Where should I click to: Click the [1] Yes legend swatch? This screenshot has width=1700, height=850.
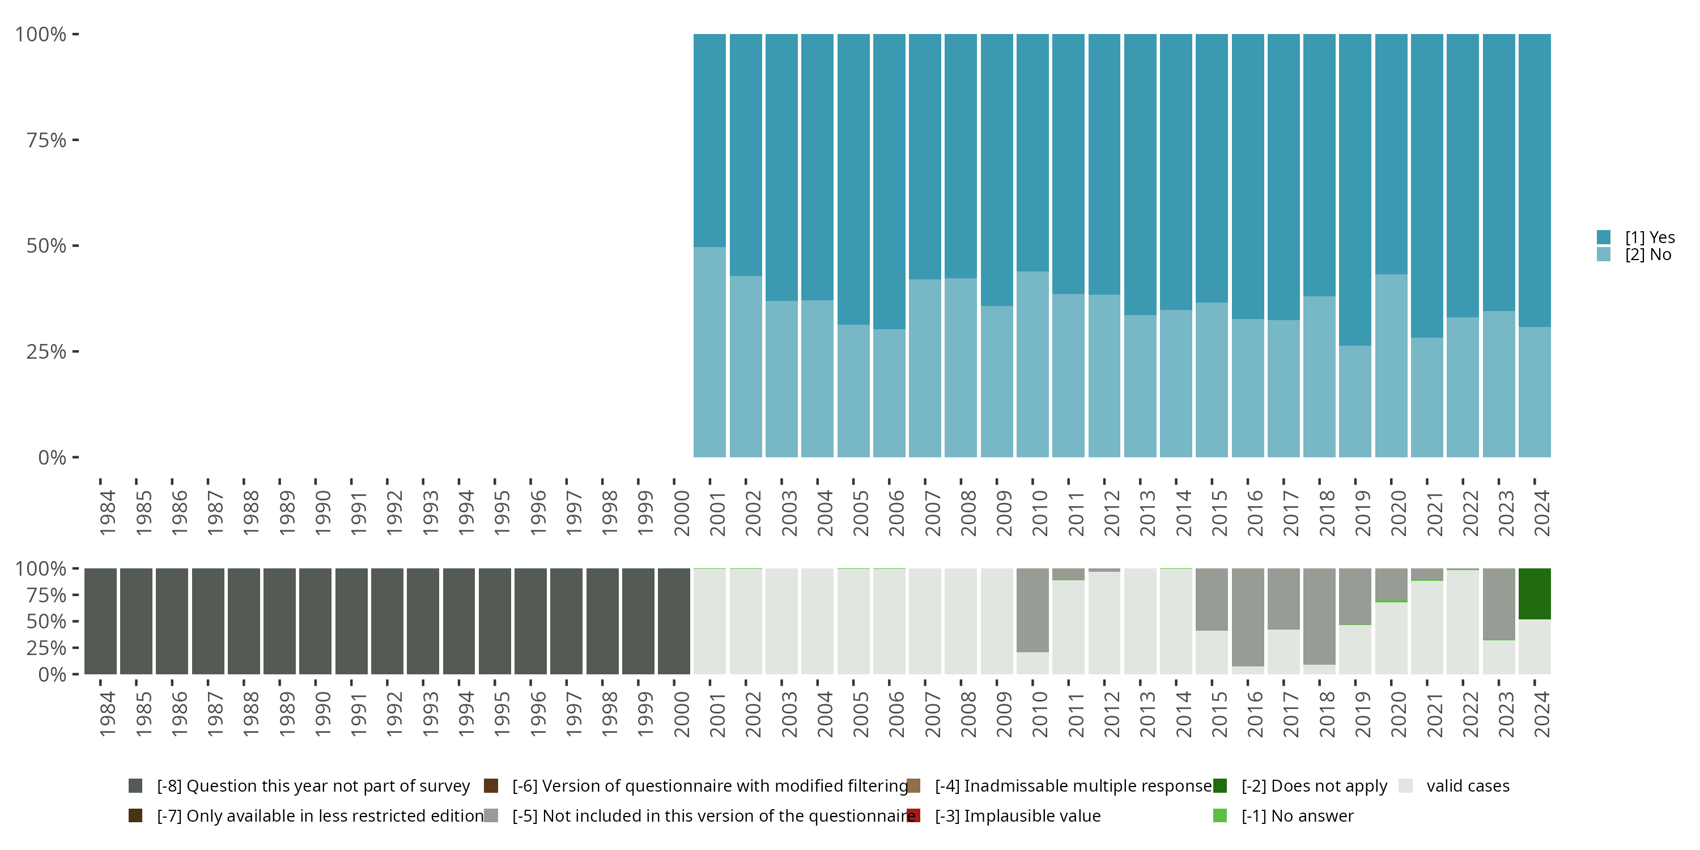tap(1604, 237)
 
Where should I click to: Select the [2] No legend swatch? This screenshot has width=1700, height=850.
tap(1604, 255)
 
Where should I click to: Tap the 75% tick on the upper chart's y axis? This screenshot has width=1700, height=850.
tap(47, 140)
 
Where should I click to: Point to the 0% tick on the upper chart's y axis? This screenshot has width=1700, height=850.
tap(52, 457)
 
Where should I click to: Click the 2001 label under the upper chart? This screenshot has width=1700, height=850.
tap(717, 513)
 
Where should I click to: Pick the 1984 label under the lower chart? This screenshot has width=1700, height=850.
tap(108, 714)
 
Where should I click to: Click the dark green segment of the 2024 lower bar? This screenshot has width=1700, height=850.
tap(1535, 593)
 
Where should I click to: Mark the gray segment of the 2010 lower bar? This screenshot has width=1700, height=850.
tap(1032, 610)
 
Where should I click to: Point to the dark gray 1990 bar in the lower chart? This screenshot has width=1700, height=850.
tap(316, 621)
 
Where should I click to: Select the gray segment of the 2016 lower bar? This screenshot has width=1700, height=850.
tap(1247, 617)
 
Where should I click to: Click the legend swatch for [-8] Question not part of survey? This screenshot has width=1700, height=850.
tap(135, 785)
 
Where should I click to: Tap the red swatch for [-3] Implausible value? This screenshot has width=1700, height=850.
tap(913, 815)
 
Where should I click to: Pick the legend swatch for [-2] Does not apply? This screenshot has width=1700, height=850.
tap(1219, 785)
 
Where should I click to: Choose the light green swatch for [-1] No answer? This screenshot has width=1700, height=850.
tap(1219, 815)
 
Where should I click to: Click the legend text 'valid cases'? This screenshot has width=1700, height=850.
tap(1468, 785)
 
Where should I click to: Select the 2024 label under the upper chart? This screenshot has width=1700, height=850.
tap(1541, 513)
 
